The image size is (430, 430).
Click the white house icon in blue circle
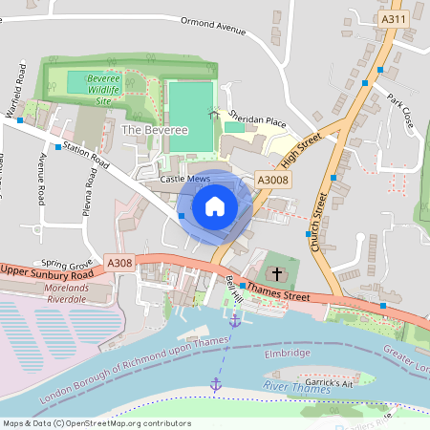(215, 205)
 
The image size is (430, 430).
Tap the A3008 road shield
(272, 180)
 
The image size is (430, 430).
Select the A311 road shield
(393, 19)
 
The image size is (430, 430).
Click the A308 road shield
(120, 263)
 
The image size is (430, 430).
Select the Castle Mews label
(184, 179)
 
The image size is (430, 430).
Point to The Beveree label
(144, 127)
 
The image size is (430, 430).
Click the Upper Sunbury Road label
(47, 270)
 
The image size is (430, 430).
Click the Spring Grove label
(66, 263)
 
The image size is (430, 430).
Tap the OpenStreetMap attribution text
(83, 422)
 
